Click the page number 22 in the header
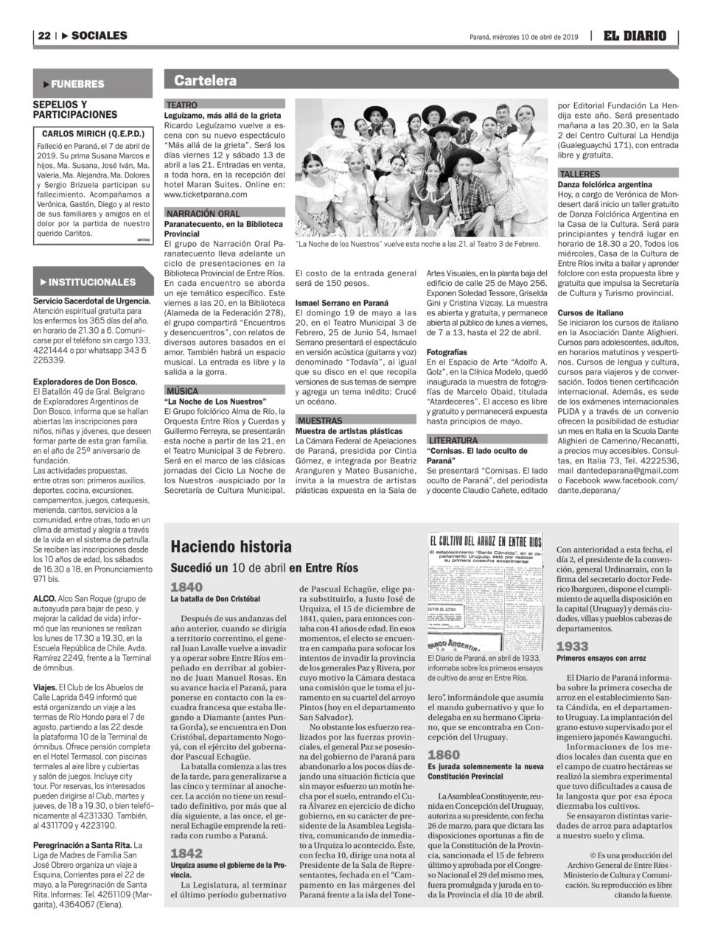[x=43, y=35]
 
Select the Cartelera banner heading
[x=206, y=81]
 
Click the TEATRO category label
[x=182, y=106]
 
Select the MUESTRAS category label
[x=318, y=420]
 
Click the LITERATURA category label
[x=453, y=440]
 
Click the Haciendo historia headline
[x=221, y=547]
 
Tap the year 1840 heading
[x=186, y=587]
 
